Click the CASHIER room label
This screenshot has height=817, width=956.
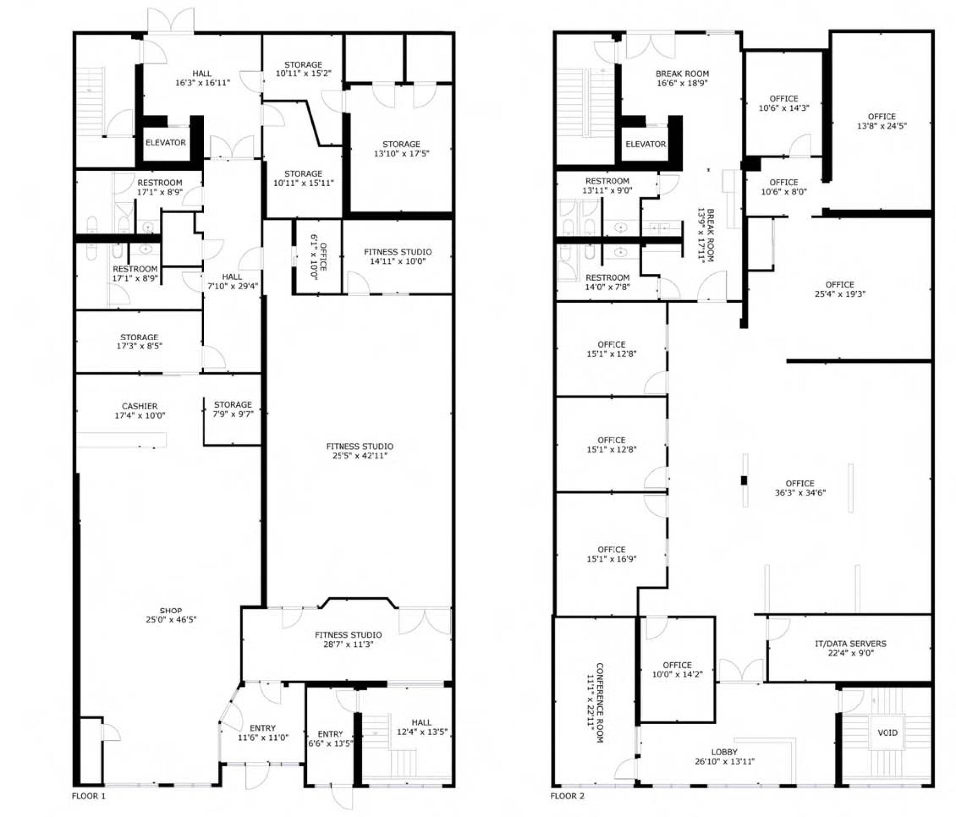139,406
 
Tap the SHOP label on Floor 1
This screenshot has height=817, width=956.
171,610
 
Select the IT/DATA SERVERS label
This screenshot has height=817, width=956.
850,643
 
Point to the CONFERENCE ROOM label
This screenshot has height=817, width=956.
600,703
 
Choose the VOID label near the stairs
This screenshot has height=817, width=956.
887,732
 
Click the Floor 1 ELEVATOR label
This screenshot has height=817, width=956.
165,143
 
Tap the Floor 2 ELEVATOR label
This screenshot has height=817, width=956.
646,144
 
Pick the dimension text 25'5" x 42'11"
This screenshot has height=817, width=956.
360,456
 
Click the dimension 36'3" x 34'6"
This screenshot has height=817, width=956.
800,493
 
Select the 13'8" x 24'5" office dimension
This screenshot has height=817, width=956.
882,126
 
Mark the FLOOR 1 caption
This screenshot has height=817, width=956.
89,796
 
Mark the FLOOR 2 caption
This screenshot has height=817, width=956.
567,796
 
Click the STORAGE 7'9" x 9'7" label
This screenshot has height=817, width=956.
233,409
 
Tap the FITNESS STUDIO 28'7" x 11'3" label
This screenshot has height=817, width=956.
348,639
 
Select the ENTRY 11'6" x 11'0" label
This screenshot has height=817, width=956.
263,732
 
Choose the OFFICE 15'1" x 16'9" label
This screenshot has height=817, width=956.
611,554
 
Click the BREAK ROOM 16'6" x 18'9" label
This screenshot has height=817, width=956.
682,78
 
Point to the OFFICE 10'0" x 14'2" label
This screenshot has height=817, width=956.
677,670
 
